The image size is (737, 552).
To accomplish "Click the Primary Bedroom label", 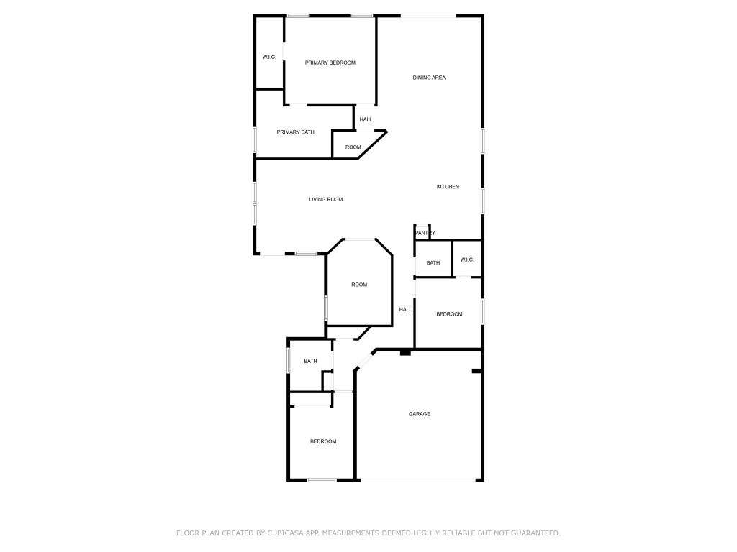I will pyautogui.click(x=330, y=63).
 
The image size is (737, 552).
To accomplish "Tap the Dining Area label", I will pyautogui.click(x=429, y=78).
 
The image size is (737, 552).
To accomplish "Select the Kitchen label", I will pyautogui.click(x=448, y=187).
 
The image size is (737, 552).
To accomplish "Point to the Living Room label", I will pyautogui.click(x=326, y=199).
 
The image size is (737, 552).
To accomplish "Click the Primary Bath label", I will pyautogui.click(x=296, y=132).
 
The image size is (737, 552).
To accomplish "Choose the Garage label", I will pyautogui.click(x=420, y=414).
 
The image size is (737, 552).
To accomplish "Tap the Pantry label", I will pyautogui.click(x=425, y=233).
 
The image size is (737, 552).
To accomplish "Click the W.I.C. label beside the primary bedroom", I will pyautogui.click(x=269, y=57).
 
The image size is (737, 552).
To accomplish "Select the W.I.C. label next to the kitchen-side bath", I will pyautogui.click(x=467, y=260).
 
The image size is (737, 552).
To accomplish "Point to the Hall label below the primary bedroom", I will pyautogui.click(x=366, y=119).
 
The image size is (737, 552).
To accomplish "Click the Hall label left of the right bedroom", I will pyautogui.click(x=406, y=310).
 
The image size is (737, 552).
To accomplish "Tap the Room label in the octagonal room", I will pyautogui.click(x=359, y=285).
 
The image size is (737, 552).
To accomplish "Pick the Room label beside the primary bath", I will pyautogui.click(x=353, y=147).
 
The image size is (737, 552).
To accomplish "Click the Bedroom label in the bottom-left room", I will pyautogui.click(x=323, y=441).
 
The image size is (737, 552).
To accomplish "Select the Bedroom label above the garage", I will pyautogui.click(x=450, y=314).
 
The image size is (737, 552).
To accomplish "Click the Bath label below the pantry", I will pyautogui.click(x=433, y=263).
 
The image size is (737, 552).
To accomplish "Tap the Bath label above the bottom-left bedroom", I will pyautogui.click(x=310, y=362).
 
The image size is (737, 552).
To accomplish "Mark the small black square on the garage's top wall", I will pyautogui.click(x=405, y=352).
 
